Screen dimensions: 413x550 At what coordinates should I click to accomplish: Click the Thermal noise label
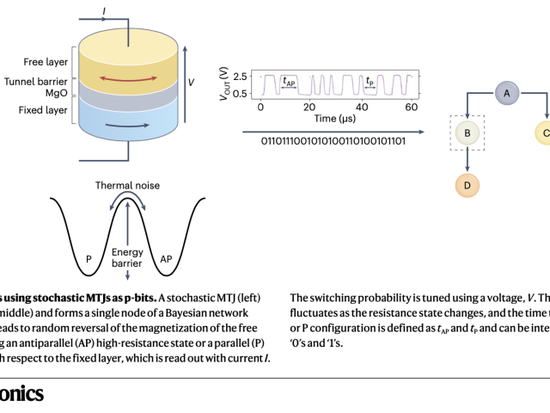(x=127, y=185)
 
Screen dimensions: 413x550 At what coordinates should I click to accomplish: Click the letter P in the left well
(x=89, y=256)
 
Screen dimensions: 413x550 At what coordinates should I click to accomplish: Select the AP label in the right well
(x=167, y=256)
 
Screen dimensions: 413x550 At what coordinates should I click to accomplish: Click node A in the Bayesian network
(x=507, y=92)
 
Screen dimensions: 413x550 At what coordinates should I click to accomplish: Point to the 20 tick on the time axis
(x=311, y=108)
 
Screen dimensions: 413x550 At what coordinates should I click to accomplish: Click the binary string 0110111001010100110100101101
(x=332, y=141)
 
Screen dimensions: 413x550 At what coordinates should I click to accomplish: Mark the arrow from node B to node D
(x=467, y=161)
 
